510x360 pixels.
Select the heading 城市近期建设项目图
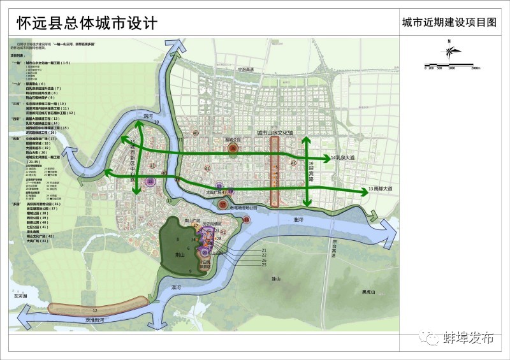pos(449,22)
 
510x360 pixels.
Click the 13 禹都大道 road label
pos(381,189)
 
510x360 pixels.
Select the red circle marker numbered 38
pos(233,148)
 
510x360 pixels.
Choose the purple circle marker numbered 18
pos(150,182)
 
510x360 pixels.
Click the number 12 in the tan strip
pos(94,310)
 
